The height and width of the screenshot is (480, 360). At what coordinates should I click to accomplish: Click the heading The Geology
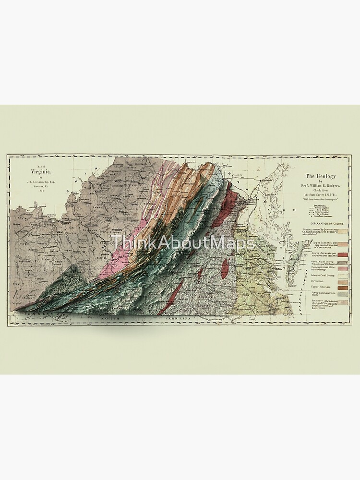[x=319, y=177]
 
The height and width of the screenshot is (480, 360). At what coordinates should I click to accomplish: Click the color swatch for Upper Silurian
[x=344, y=287]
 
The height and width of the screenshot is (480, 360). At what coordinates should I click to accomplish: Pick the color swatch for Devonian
[x=344, y=282]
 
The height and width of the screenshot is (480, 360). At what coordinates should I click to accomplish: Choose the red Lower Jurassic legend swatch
[x=344, y=255]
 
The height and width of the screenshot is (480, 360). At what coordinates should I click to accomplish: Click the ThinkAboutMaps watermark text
[x=183, y=242]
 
